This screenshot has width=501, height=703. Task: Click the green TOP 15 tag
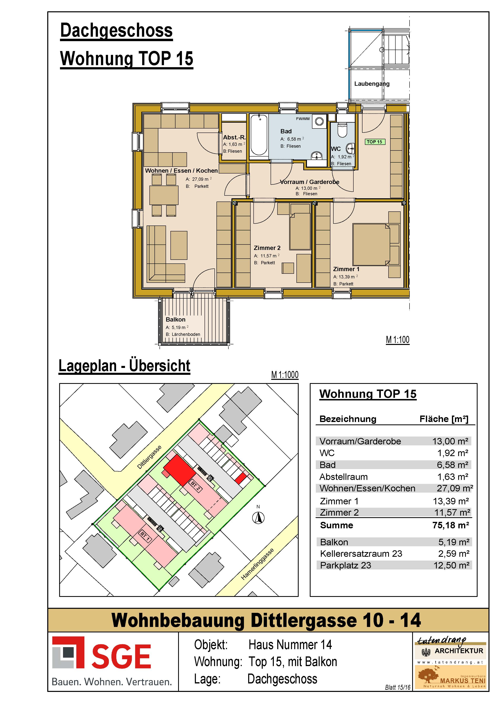(x=375, y=142)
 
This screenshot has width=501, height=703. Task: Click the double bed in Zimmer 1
(x=371, y=244)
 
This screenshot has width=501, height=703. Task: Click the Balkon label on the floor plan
(x=175, y=320)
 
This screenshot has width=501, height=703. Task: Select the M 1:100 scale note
(x=398, y=340)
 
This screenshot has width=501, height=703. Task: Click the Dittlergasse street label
(x=149, y=457)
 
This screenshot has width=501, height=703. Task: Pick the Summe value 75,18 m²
(x=451, y=525)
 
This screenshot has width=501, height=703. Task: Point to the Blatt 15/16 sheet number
(x=398, y=687)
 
